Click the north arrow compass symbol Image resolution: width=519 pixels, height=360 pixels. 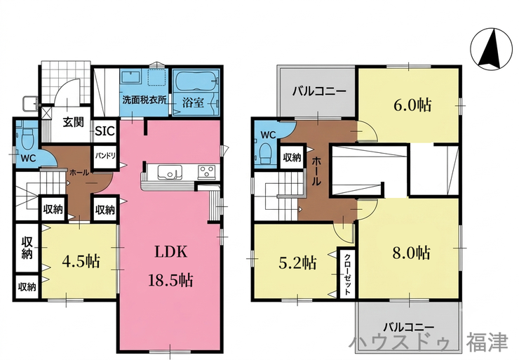(x=490, y=49)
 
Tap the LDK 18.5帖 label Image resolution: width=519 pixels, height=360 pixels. (x=171, y=266)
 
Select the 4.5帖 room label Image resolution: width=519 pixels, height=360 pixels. (x=81, y=262)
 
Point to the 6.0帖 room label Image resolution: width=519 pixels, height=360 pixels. (x=412, y=105)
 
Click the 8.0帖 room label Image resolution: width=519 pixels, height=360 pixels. (x=412, y=253)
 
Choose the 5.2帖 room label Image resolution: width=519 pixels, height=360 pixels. (x=297, y=263)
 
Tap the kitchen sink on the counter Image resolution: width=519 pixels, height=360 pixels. (x=170, y=172)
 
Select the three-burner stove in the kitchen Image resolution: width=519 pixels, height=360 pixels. (x=206, y=172)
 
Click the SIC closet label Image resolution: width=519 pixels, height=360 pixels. (x=105, y=131)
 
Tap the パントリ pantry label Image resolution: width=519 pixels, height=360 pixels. (x=105, y=155)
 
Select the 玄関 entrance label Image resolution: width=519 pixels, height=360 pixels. (x=74, y=122)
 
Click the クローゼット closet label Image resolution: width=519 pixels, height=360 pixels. (x=347, y=274)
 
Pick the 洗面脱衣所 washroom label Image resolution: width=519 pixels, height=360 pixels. (x=144, y=100)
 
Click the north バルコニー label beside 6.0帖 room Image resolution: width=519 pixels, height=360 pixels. (x=319, y=91)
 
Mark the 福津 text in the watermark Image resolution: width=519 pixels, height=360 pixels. (x=487, y=342)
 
